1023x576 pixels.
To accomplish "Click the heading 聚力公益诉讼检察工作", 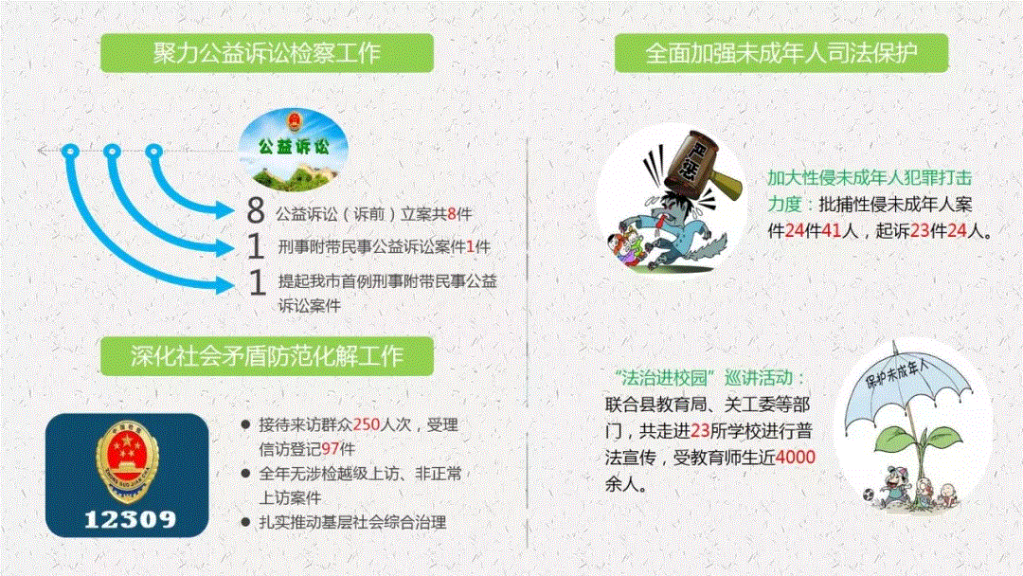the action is [267, 53].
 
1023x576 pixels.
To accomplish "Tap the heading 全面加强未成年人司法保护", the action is [781, 53].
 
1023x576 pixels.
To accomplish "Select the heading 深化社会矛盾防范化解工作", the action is [267, 356].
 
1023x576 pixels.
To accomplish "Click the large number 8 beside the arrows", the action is [256, 209].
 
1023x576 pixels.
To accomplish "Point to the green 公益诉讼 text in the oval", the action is [294, 147].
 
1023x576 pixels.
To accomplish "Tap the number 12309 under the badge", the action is [130, 519].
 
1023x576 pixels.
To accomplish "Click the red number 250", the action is [366, 424].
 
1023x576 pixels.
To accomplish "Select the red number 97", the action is [331, 449].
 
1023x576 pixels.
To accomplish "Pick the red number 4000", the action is [796, 458].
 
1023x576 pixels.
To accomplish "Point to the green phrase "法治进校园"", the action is [664, 378].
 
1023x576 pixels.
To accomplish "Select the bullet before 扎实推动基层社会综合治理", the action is [245, 522].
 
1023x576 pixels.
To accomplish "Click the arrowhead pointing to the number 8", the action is [225, 210].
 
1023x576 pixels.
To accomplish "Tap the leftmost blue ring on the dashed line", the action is [70, 152].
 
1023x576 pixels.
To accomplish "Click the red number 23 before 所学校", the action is [699, 430].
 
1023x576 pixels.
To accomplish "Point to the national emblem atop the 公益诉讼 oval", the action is [295, 121].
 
